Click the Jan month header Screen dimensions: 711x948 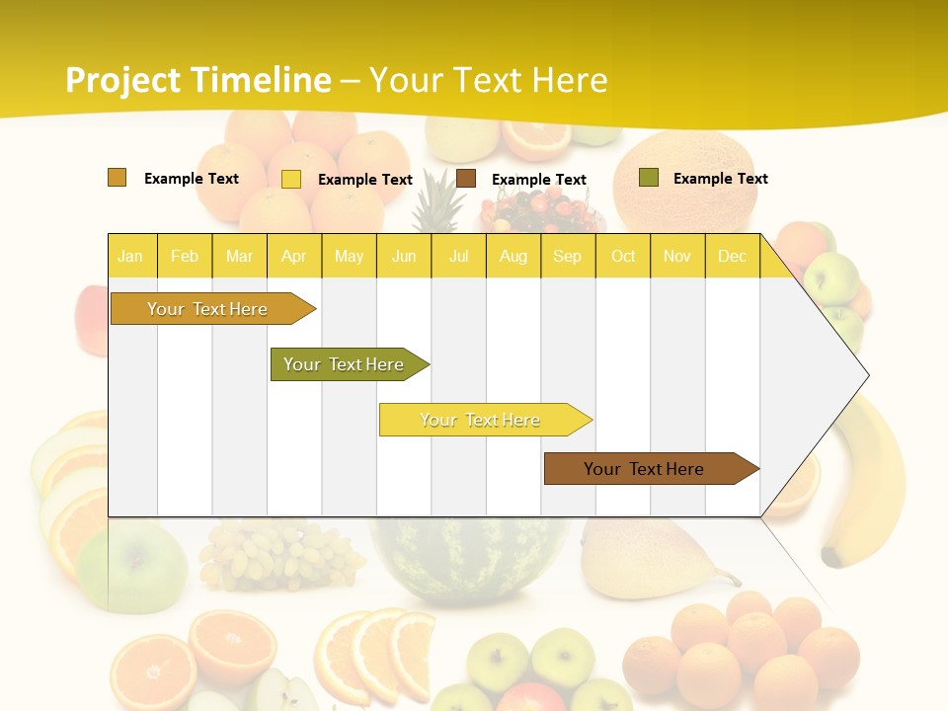130,256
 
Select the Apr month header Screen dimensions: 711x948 293,256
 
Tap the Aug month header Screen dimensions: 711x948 513,256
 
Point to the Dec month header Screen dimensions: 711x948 732,256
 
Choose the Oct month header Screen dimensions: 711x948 622,256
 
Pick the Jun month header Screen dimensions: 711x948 403,256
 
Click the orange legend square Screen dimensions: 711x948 117,178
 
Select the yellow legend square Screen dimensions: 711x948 290,179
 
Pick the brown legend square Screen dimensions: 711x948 466,179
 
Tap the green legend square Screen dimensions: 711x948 648,178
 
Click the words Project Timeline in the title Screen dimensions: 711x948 197,79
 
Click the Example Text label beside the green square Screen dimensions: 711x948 720,178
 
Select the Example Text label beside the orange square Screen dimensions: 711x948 191,178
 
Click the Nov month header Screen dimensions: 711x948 676,256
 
